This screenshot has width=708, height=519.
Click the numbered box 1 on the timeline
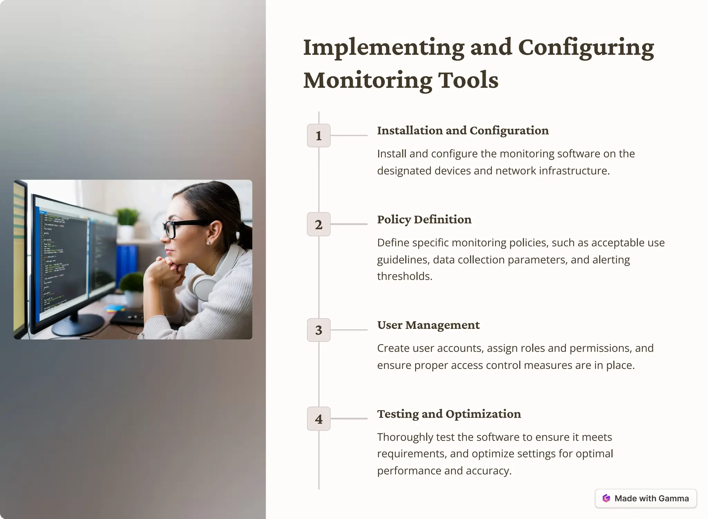coord(318,135)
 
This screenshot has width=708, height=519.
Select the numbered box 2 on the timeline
coord(318,224)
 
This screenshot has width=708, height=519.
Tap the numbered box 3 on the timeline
coord(318,330)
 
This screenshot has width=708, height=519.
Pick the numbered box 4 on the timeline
coord(318,419)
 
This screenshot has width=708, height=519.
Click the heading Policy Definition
coord(424,219)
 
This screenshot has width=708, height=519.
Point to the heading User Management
coord(428,325)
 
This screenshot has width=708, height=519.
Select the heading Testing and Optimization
coord(449,414)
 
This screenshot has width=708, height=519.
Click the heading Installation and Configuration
coord(463,131)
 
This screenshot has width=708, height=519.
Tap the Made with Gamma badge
coord(645,498)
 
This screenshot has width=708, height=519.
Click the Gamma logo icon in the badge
coord(606,498)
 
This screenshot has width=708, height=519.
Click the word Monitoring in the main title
coord(367,80)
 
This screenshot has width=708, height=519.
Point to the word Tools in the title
coord(468,80)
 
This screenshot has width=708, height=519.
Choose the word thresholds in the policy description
coord(404,276)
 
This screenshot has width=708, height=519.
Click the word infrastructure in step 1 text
coord(574,171)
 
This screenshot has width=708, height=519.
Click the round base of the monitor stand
coord(77,324)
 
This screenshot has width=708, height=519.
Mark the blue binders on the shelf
coord(127,263)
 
